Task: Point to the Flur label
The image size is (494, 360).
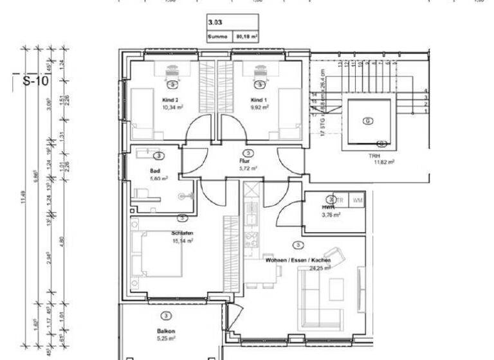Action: point(245,161)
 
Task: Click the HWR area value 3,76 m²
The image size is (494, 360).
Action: point(331,215)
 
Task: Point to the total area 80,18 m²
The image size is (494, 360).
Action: point(246,38)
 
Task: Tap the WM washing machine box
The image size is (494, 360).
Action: point(357,200)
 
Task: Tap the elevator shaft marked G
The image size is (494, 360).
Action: point(367,120)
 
